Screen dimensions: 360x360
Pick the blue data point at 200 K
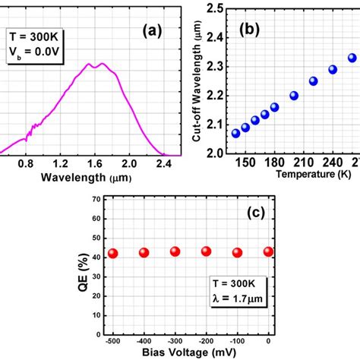click(x=294, y=96)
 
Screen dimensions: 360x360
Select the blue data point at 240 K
click(x=333, y=69)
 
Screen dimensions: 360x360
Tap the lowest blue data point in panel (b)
click(x=235, y=133)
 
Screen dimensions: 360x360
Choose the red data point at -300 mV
click(x=175, y=251)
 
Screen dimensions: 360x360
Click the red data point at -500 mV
click(x=112, y=253)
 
